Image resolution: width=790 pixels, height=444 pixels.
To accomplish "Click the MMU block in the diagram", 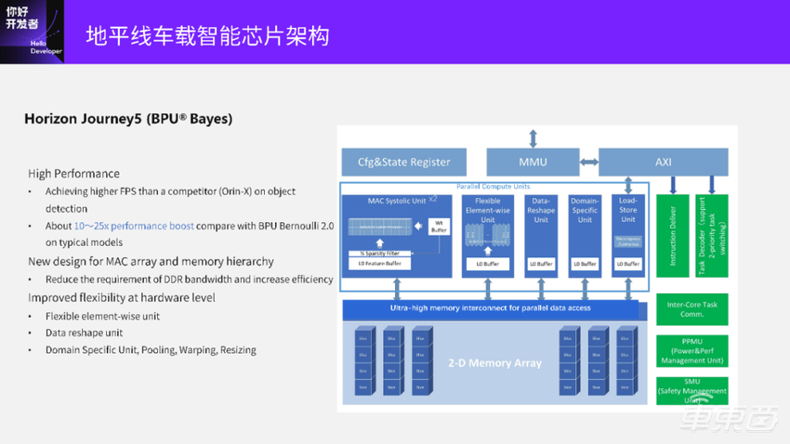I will click(x=533, y=163).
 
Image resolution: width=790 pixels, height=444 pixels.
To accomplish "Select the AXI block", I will click(x=663, y=163).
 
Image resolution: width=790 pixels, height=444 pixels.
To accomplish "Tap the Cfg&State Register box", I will click(x=404, y=163).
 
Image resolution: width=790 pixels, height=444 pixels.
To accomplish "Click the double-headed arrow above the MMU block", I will click(x=533, y=138).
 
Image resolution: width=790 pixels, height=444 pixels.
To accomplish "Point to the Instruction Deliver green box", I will click(x=672, y=236).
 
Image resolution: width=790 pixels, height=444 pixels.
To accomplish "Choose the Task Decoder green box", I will click(x=711, y=236).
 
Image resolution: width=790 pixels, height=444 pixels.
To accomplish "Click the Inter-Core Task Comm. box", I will click(x=691, y=308).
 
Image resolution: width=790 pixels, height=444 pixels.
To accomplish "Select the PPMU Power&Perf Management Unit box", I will click(x=691, y=350).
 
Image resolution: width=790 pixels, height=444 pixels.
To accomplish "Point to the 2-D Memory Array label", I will click(x=494, y=362).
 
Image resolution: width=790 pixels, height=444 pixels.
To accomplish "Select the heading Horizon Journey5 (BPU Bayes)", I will click(x=128, y=119).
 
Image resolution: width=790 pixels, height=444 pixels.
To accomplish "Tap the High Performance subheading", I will click(x=73, y=174).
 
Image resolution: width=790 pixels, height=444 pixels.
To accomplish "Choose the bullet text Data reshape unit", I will click(x=84, y=333).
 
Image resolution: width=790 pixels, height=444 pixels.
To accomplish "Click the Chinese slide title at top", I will click(x=207, y=35).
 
